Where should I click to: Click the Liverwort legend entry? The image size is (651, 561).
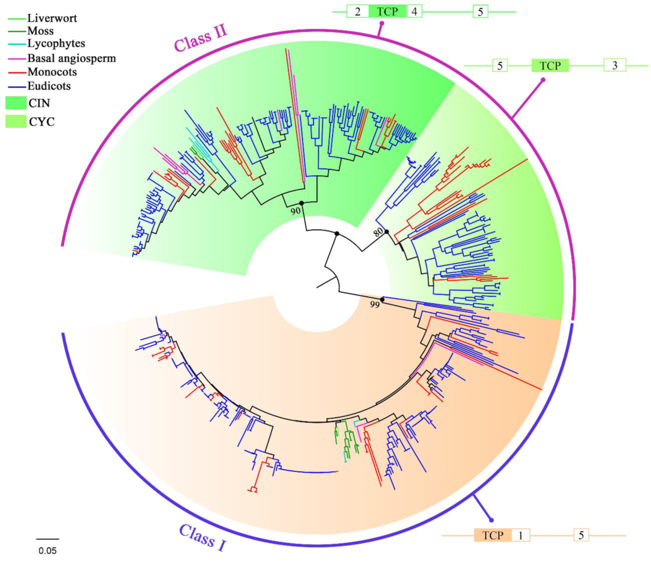tap(52, 18)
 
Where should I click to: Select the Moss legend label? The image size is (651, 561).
tap(40, 31)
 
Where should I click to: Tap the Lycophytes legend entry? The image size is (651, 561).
tap(56, 43)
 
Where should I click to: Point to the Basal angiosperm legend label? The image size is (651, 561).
tap(72, 58)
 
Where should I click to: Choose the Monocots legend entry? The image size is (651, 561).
tap(52, 72)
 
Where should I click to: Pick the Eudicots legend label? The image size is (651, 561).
tap(49, 86)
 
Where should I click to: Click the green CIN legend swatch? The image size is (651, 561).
tap(16, 103)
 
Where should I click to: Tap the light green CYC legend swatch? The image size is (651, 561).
tap(16, 121)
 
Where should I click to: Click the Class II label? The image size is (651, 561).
tap(200, 39)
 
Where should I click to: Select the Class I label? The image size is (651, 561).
tap(203, 537)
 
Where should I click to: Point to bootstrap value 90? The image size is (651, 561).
tap(295, 211)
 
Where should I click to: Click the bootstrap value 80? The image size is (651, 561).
tap(378, 232)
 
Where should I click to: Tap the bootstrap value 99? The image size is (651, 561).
tap(375, 305)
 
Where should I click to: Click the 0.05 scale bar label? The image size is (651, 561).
tap(47, 551)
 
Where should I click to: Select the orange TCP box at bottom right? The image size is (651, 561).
tap(493, 535)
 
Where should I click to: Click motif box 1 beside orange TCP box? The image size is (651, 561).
tap(520, 535)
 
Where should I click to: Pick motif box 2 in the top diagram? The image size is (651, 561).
tap(358, 11)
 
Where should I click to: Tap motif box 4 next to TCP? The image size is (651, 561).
tap(414, 11)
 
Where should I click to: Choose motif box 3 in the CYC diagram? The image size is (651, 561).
tap(614, 65)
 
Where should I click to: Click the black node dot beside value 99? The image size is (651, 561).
tap(382, 300)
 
